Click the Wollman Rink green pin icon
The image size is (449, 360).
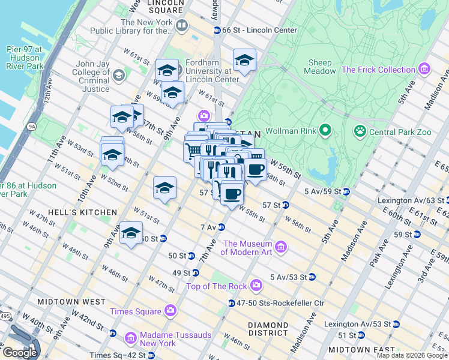pos(325,130)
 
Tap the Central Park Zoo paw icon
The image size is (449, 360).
pos(360,130)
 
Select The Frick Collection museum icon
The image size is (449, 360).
pos(425,70)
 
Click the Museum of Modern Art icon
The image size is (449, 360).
pos(280,247)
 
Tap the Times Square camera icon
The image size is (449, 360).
pos(170,311)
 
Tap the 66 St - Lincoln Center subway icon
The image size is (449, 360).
pos(217,30)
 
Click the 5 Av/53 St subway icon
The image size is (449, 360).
pos(312,277)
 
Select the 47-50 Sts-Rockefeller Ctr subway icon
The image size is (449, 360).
pos(232,303)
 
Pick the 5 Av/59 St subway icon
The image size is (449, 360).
pos(346,191)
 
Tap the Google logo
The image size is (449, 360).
pos(20,352)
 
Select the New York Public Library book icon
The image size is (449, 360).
pos(181,26)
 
